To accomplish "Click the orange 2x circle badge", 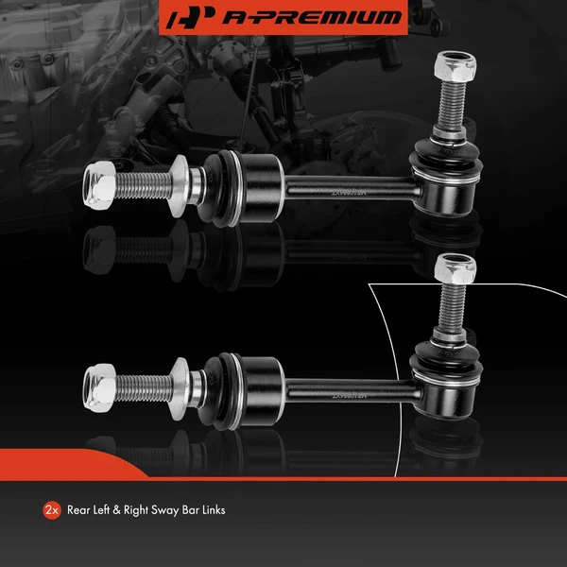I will point(52,510).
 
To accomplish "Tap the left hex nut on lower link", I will point(99,383).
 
